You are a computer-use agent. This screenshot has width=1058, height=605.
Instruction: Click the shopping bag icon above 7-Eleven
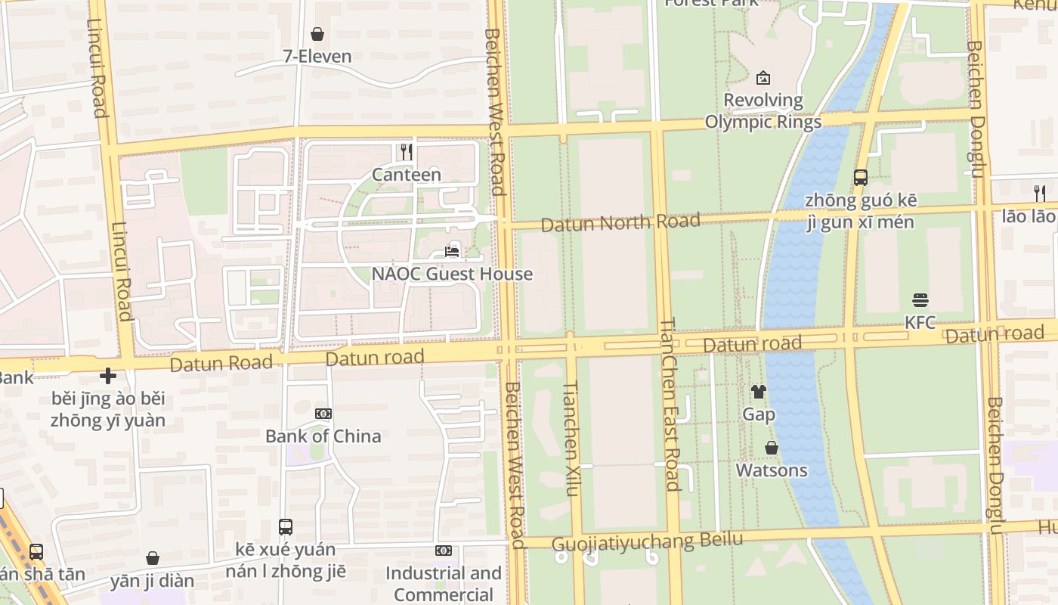(317, 34)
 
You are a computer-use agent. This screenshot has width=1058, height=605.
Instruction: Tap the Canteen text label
(407, 175)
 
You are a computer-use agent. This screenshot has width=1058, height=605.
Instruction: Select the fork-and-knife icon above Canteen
(407, 152)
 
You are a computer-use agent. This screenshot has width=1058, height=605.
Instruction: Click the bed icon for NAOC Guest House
(452, 251)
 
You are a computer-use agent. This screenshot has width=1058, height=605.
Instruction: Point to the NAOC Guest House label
(452, 274)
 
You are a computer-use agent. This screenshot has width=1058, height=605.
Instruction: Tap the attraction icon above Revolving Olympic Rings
(763, 77)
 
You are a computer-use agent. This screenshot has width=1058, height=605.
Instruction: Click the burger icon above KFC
(920, 300)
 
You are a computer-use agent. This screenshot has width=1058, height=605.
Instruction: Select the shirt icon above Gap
(759, 392)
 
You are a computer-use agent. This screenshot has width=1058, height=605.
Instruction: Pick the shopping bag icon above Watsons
(772, 448)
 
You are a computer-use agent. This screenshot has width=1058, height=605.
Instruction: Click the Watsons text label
(772, 470)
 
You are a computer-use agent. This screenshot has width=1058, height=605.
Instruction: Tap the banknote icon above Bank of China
(323, 414)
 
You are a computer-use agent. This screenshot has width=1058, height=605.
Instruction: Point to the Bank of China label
(323, 436)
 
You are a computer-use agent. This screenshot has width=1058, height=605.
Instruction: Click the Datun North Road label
(620, 222)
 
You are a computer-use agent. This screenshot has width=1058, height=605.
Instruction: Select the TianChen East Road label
(670, 405)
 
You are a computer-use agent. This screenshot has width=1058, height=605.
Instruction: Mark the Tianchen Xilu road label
(571, 439)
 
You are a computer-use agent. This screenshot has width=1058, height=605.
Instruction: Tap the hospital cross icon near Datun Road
(108, 376)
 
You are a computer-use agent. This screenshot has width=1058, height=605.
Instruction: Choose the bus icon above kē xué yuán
(286, 527)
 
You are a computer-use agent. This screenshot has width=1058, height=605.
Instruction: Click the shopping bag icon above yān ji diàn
(153, 558)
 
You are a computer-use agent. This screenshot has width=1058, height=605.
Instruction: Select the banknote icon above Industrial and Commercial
(444, 551)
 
